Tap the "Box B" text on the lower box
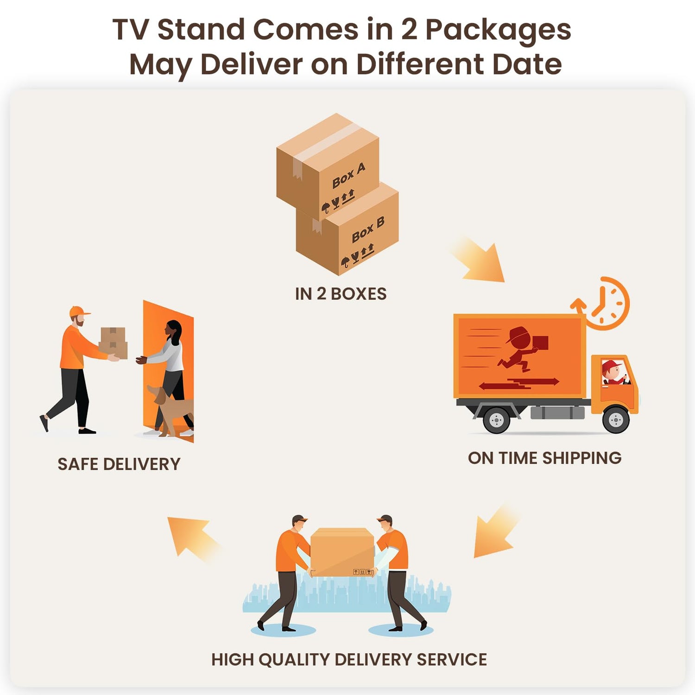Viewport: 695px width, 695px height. click(x=368, y=230)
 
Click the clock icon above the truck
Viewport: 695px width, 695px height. click(x=607, y=303)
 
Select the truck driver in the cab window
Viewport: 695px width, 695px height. click(x=613, y=373)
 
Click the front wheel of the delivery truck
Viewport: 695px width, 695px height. click(x=616, y=420)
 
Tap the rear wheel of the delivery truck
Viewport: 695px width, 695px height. click(x=496, y=420)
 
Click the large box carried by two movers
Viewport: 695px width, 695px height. click(x=342, y=551)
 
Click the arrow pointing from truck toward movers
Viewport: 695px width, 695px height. click(x=495, y=533)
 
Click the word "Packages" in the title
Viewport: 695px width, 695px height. click(x=498, y=30)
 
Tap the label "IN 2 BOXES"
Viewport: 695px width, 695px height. click(x=341, y=294)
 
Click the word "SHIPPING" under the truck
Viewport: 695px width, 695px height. click(x=581, y=458)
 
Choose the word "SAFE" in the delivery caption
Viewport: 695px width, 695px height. click(x=77, y=464)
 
